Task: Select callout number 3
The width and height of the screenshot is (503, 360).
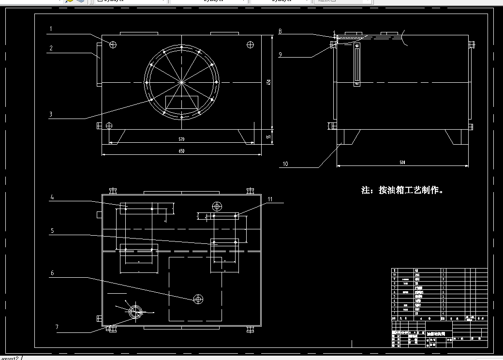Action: pos(51,115)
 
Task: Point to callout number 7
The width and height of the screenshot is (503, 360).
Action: pos(57,328)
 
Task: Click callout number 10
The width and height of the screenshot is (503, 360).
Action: pos(285,164)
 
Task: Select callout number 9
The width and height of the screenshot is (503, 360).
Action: pos(280,55)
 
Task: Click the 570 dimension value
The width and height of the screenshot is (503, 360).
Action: pos(181,139)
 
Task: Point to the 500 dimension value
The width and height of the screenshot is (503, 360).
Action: pos(402,163)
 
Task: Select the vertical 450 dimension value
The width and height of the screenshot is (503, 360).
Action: pos(269,82)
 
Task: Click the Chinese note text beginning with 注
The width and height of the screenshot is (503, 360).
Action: pos(402,190)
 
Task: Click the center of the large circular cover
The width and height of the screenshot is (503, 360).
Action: pos(181,82)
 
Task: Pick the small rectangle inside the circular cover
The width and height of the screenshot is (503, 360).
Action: pos(182,102)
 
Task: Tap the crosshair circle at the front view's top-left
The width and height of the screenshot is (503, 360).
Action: pos(113,45)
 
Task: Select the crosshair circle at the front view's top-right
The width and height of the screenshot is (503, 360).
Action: pos(250,45)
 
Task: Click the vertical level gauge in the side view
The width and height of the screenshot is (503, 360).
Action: pos(357,63)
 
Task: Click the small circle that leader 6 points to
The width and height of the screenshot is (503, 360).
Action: pos(198,300)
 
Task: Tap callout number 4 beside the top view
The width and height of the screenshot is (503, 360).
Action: pos(52,197)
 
